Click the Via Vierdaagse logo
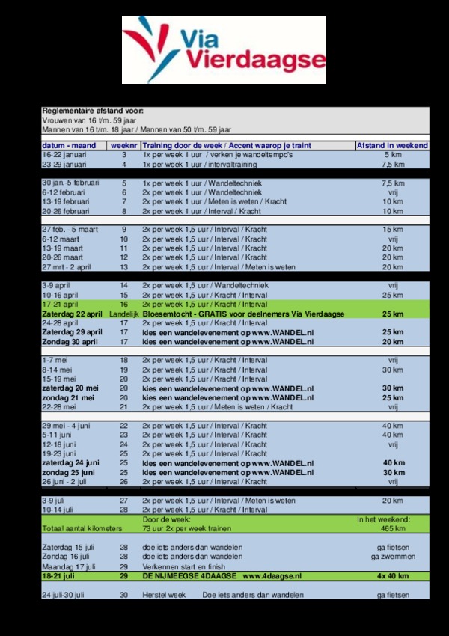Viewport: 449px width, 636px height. (x=224, y=49)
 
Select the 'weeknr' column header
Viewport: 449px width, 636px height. (x=123, y=145)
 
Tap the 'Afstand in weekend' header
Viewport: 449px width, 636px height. (x=392, y=145)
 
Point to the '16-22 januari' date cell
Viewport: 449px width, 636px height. (x=64, y=154)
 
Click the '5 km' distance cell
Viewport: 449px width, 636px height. (x=393, y=154)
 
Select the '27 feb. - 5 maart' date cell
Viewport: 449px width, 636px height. (x=70, y=229)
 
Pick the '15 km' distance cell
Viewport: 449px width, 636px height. (x=393, y=229)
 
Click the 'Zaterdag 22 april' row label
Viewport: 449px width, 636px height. (x=72, y=314)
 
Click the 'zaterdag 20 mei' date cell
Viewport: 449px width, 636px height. (x=70, y=388)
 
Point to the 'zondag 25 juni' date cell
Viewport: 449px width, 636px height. (x=69, y=473)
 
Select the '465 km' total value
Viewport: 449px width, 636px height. (x=393, y=528)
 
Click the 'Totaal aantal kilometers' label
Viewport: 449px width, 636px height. (x=82, y=528)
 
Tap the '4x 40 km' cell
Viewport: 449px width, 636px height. (x=393, y=575)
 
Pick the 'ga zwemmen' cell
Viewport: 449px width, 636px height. (x=391, y=557)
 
